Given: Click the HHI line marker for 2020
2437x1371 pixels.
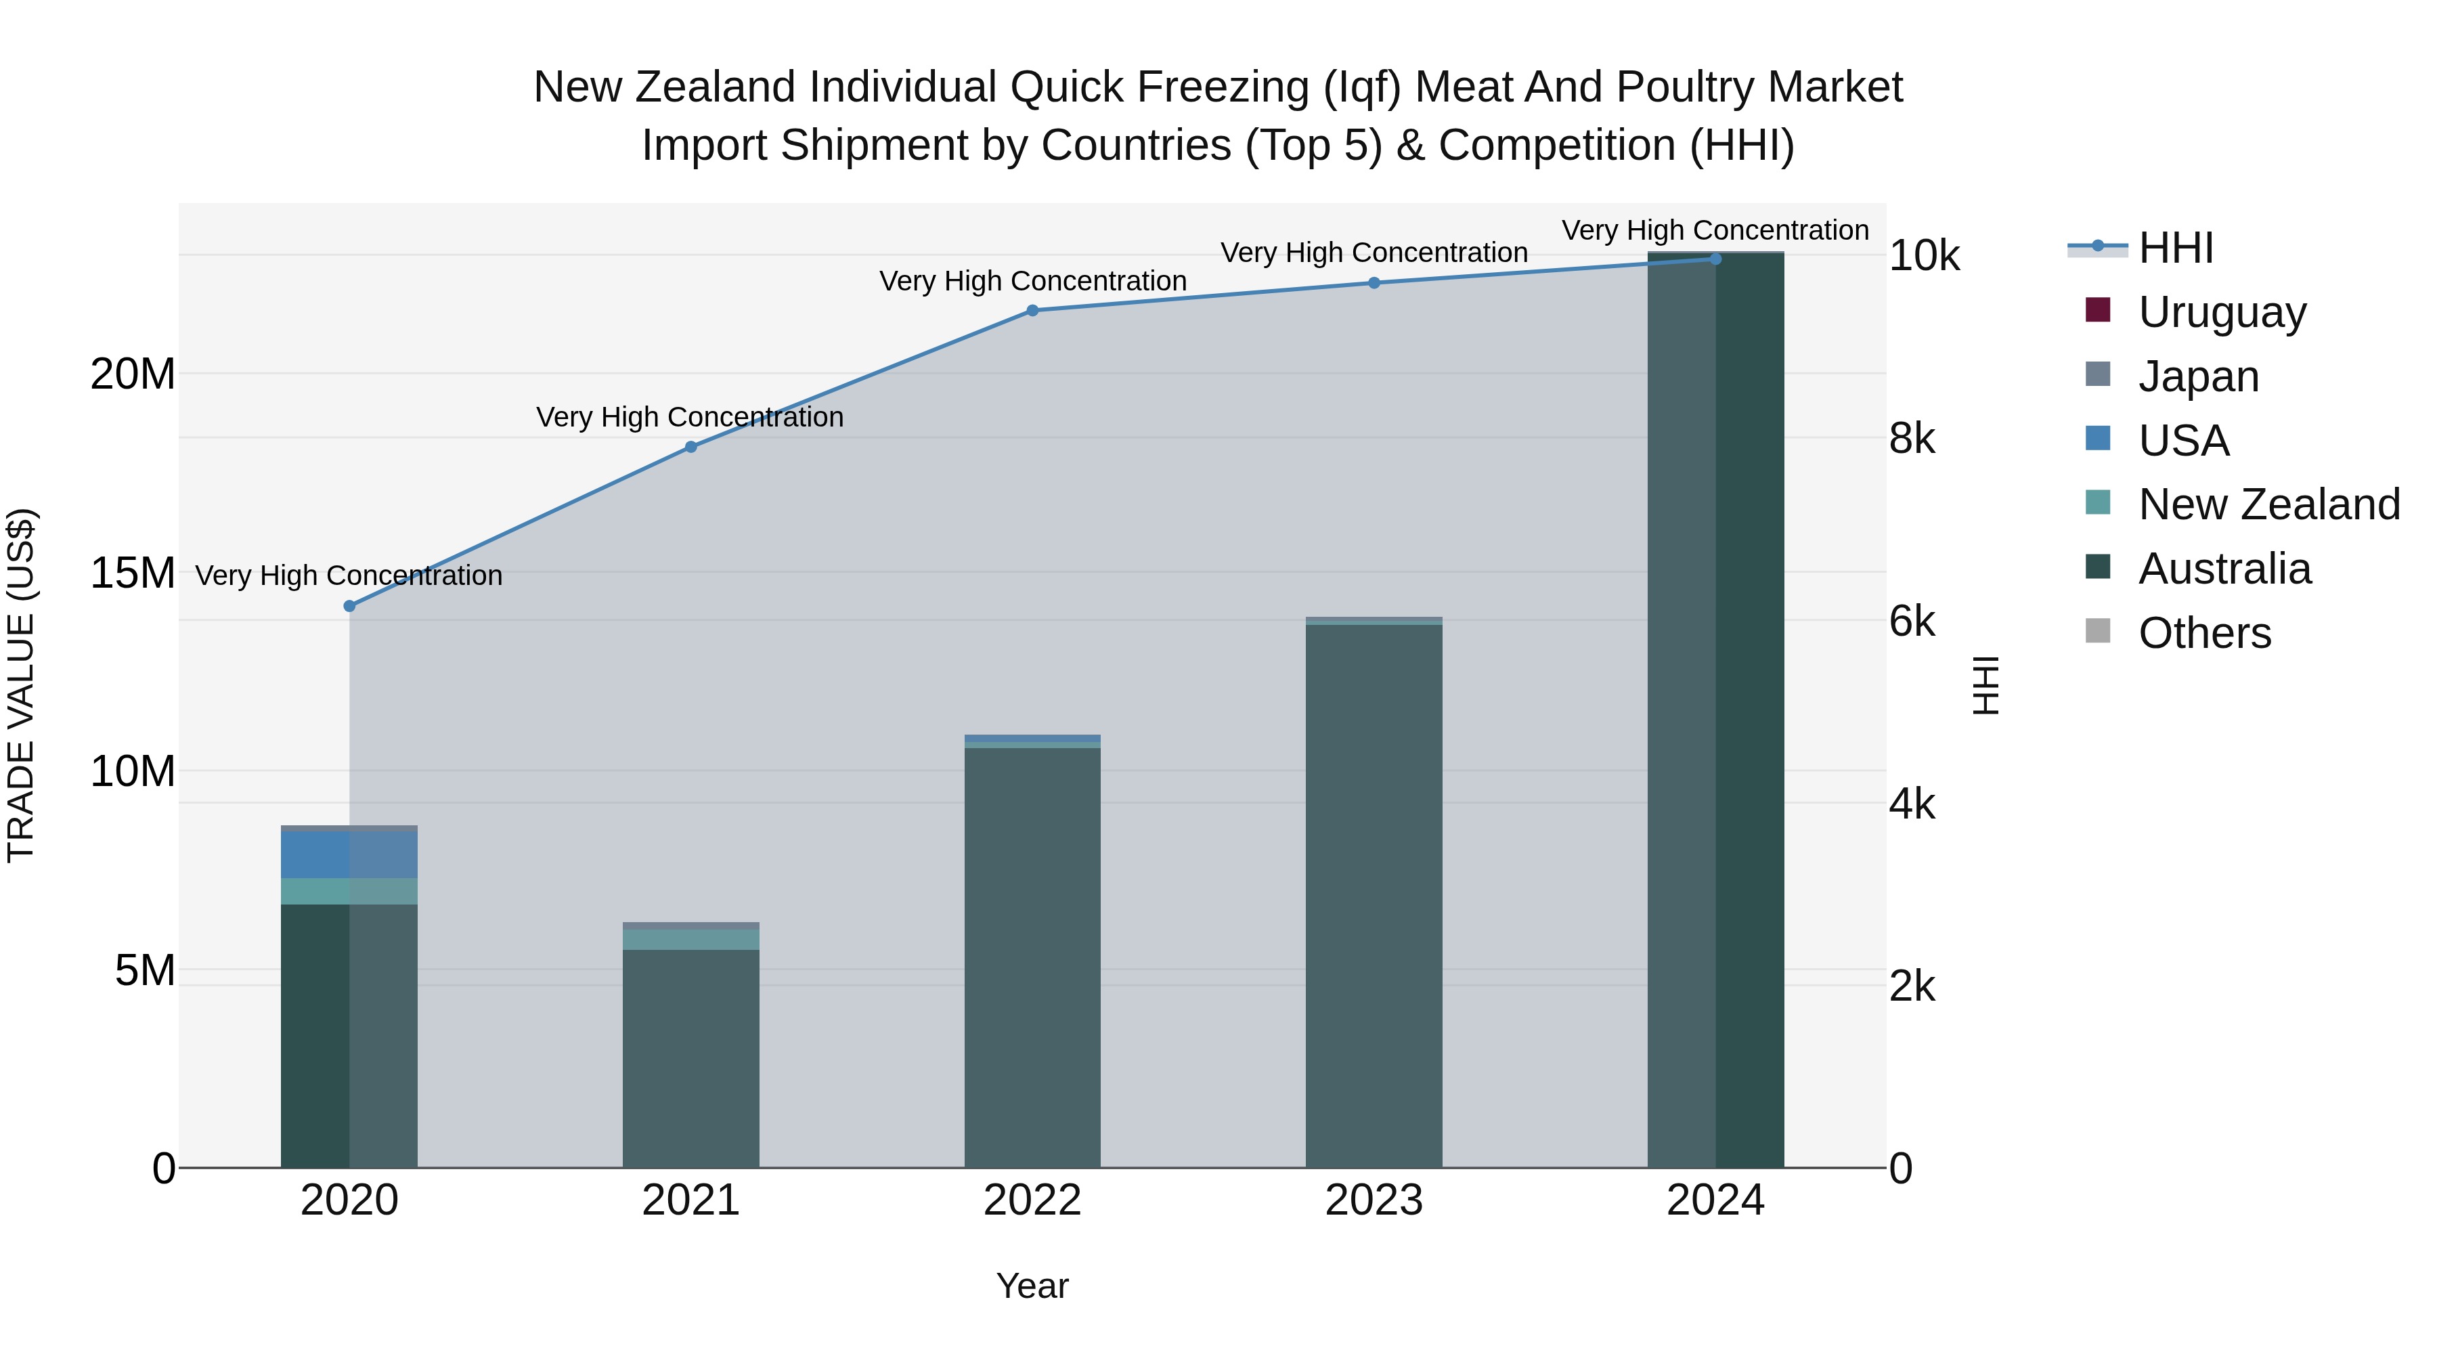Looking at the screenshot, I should coord(349,605).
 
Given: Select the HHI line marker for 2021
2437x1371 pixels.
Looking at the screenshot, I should coord(690,447).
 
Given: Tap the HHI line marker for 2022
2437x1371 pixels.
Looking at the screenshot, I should coord(1032,310).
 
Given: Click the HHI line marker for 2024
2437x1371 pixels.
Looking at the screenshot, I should coord(1715,259).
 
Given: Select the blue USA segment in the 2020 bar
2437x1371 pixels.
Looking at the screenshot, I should coord(349,854).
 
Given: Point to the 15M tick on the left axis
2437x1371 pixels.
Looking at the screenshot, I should coord(133,572).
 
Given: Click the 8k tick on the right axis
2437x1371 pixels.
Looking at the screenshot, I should coord(1913,438).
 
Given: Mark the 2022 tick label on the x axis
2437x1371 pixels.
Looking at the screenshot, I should coord(1032,1200).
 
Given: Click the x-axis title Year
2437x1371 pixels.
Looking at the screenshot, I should coord(1032,1286).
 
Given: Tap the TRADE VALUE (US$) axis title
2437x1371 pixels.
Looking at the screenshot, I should coord(21,685).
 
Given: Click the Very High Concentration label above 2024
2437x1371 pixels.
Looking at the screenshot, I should coord(1715,230).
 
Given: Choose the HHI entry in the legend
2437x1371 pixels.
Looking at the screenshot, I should coord(2175,248).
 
